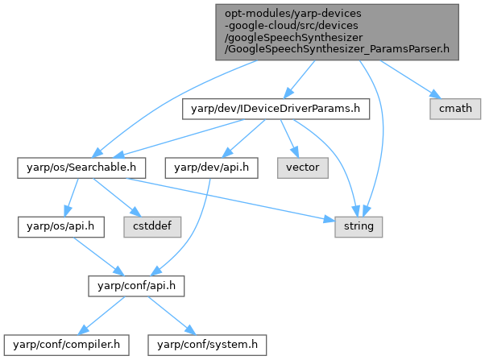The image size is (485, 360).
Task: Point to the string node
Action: (x=359, y=226)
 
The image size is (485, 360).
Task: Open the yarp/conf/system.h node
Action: (x=206, y=345)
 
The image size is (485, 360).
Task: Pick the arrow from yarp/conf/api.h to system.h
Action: (x=166, y=315)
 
